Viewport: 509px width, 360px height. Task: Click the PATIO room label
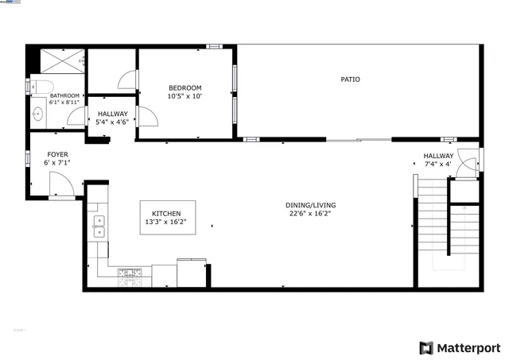(x=350, y=79)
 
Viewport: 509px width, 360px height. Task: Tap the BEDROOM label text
(x=185, y=87)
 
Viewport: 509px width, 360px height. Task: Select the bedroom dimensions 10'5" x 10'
(x=185, y=96)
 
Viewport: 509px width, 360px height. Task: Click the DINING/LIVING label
(x=309, y=206)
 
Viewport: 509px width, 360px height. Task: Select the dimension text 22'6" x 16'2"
(x=309, y=214)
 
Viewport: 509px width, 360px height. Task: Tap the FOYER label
(x=57, y=154)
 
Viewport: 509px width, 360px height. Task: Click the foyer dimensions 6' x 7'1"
(x=57, y=163)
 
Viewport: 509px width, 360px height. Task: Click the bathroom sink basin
(x=37, y=114)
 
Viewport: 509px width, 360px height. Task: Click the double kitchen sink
(x=99, y=226)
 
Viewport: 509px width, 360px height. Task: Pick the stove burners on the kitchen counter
(x=129, y=277)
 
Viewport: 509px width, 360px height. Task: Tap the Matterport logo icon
(x=426, y=347)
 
